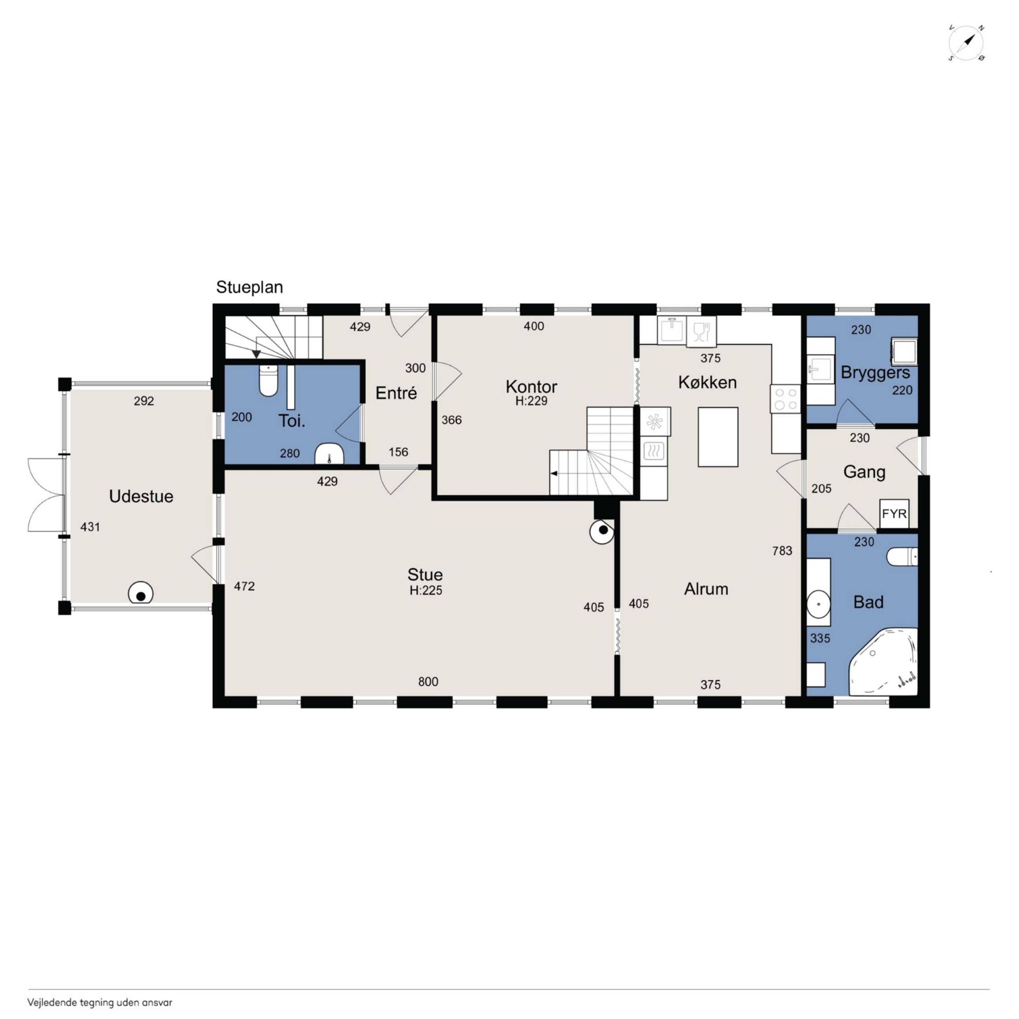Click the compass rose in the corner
pos(966,42)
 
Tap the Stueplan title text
pos(250,287)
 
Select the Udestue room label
pos(141,496)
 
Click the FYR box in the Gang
pos(894,514)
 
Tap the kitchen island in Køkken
pos(718,437)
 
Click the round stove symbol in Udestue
pos(141,594)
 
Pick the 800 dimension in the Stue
pos(428,682)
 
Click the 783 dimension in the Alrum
pos(782,551)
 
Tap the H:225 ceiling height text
pos(426,590)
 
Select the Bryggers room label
pos(875,373)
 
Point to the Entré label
pos(396,393)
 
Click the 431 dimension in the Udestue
pos(90,526)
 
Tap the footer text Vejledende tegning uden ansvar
pos(100,1003)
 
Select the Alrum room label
pos(706,589)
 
